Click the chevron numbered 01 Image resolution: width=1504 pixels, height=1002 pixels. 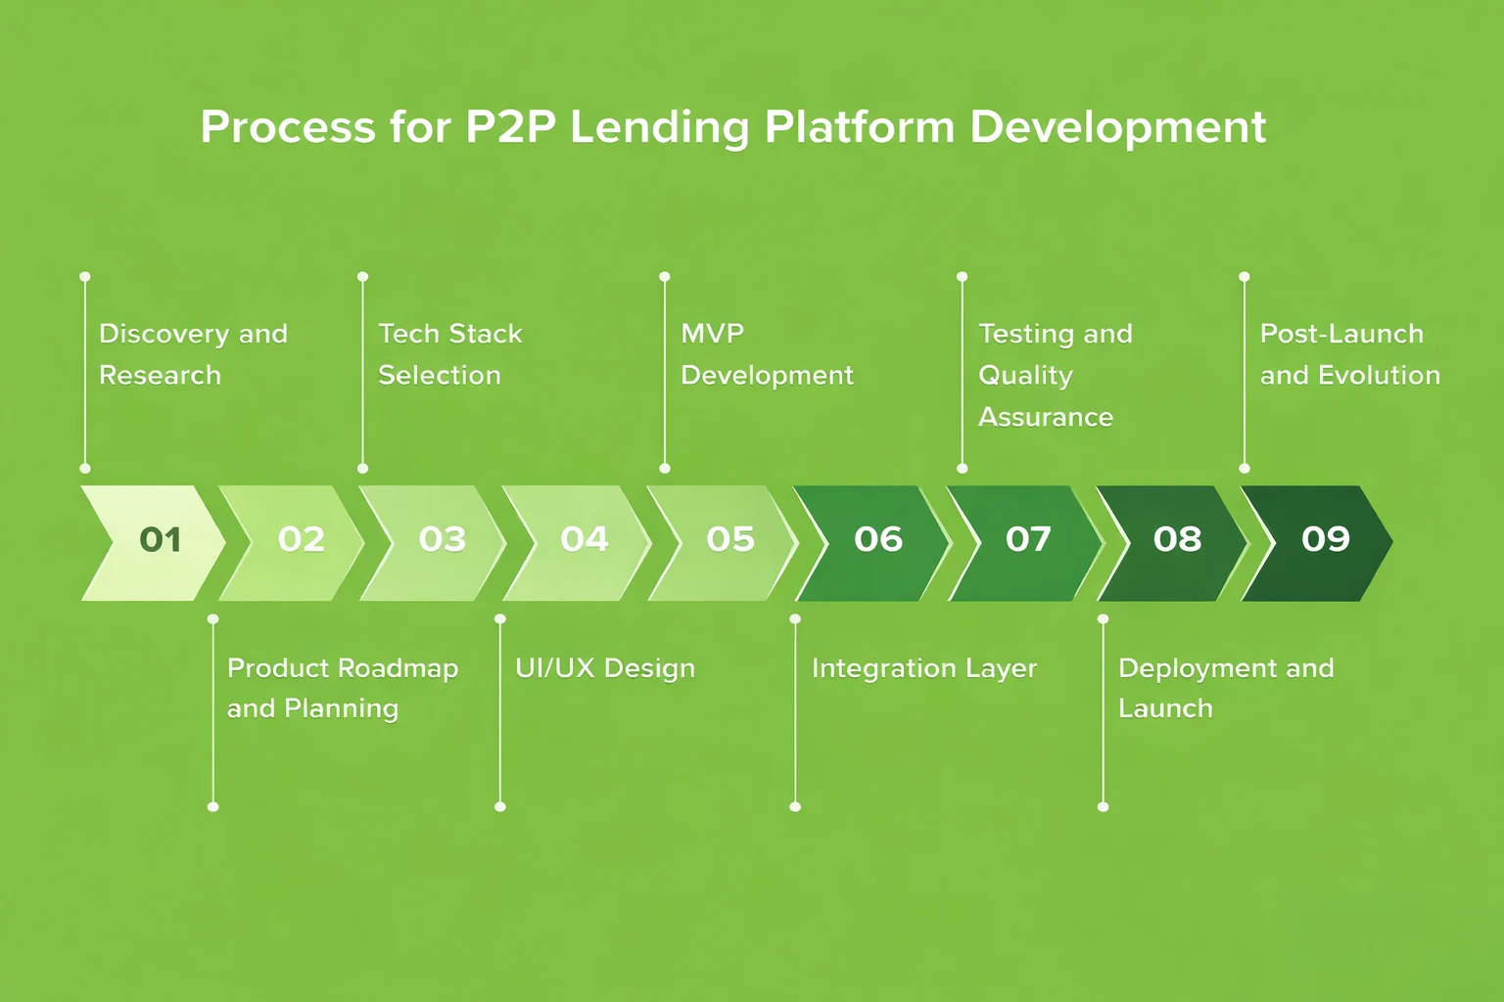(x=157, y=540)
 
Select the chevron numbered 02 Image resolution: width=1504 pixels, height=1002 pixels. (x=297, y=540)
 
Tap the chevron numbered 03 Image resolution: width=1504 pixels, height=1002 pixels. (x=439, y=540)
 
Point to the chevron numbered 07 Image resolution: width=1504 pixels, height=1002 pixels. (x=1026, y=540)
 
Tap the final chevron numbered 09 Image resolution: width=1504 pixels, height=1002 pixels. (x=1322, y=540)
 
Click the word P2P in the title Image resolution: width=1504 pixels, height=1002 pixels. (x=509, y=127)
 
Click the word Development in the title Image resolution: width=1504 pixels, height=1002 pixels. (x=1117, y=127)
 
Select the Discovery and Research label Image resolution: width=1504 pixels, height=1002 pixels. (x=193, y=354)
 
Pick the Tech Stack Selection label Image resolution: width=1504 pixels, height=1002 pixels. (x=449, y=354)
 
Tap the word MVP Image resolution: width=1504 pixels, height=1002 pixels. (x=712, y=334)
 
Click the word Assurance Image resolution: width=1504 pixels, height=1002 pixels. (x=1045, y=418)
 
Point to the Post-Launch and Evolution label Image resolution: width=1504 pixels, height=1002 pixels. (x=1348, y=354)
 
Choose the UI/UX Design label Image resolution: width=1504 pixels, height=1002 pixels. (x=604, y=668)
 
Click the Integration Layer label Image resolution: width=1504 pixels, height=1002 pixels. (x=923, y=668)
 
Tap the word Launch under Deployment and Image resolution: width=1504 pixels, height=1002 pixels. (x=1164, y=708)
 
